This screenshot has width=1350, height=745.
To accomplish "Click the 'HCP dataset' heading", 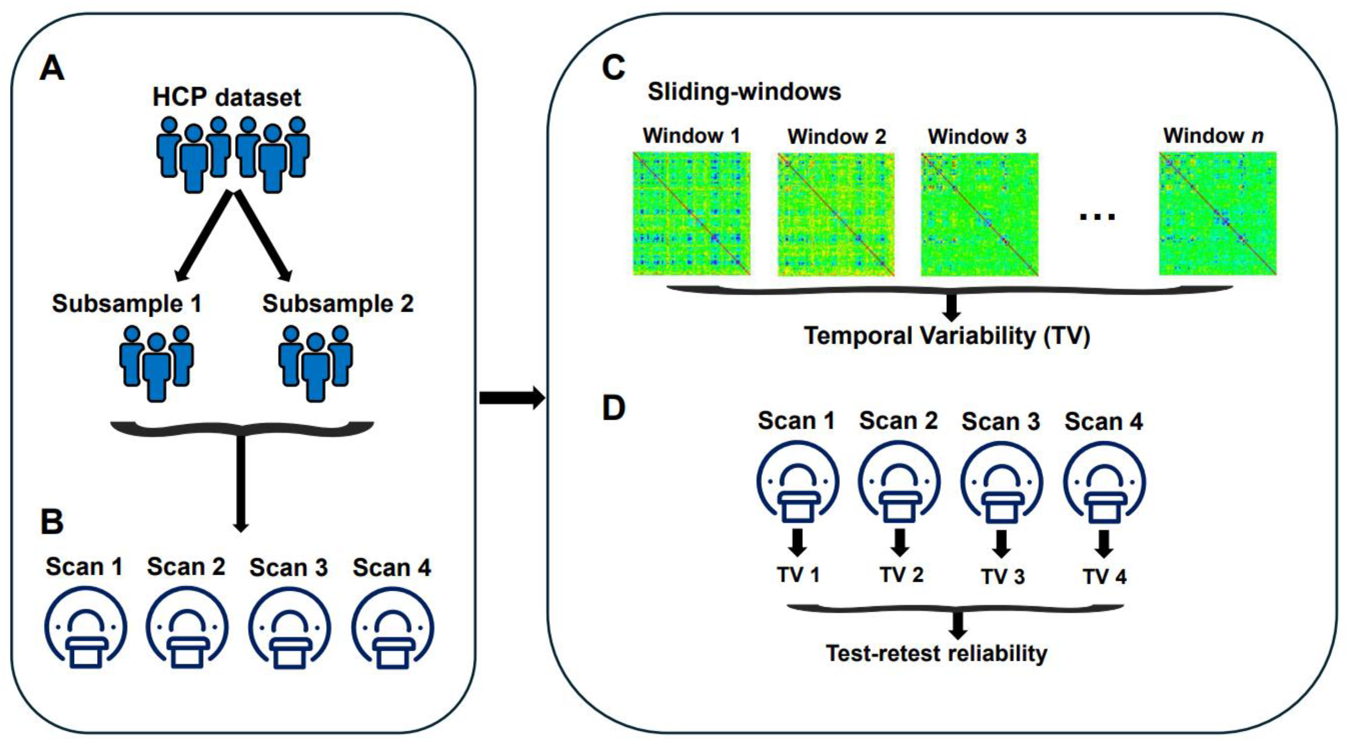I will pos(227,97).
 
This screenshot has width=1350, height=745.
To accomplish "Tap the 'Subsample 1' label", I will pos(127,304).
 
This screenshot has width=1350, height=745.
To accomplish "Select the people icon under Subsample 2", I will pos(315,362).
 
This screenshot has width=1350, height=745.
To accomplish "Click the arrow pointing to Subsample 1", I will pos(202,238).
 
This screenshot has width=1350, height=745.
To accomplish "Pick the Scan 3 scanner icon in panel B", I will pos(289,629).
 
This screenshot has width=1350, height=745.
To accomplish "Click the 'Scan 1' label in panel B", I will pos(84,567).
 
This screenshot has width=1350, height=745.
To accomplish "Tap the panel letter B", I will pos(52,522).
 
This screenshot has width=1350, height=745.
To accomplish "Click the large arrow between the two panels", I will pos(511,398).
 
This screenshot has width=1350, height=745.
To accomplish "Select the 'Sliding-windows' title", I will pos(744,92).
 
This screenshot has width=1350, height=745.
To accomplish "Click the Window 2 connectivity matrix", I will pos(836,214).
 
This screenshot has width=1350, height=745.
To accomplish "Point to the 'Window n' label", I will pos(1213,136).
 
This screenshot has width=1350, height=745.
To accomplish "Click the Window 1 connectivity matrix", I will pos(692,214).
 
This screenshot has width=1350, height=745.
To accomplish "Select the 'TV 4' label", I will pos(1105,577).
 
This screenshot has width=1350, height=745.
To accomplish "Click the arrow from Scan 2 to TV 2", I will pos(899,543).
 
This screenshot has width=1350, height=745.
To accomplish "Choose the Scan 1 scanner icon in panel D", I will pos(797,482).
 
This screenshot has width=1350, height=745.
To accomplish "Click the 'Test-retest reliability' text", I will pos(936,653).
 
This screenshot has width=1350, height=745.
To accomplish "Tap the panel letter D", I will pos(614,408).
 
